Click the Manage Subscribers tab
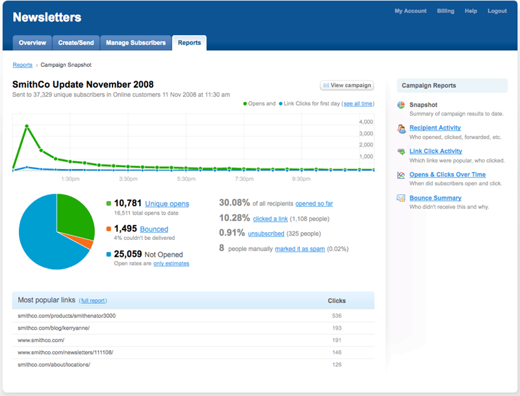click(136, 43)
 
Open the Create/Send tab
click(76, 43)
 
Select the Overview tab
click(32, 43)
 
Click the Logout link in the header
click(497, 11)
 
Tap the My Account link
click(410, 11)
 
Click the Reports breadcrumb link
click(23, 65)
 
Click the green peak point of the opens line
click(27, 126)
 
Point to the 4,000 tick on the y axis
click(365, 122)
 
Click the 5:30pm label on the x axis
click(187, 178)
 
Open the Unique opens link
click(167, 204)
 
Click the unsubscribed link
click(266, 233)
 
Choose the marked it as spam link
click(300, 248)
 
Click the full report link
click(93, 300)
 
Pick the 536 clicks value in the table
click(336, 315)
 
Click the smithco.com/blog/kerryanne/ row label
click(53, 328)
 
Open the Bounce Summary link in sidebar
click(435, 198)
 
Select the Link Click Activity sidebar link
click(435, 151)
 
